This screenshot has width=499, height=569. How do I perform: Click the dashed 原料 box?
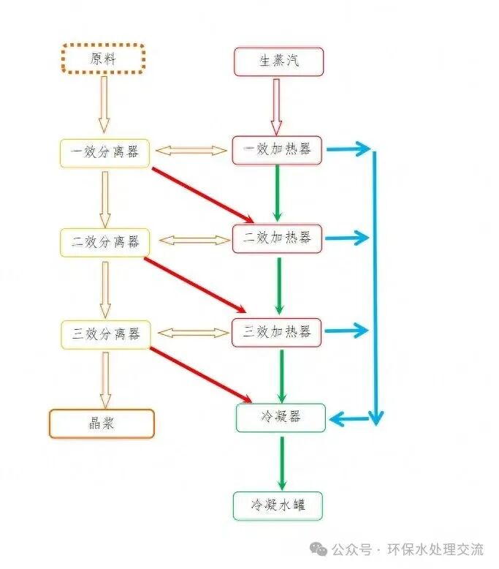103,59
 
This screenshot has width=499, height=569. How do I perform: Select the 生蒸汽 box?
278,61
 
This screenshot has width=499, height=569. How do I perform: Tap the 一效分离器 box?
104,152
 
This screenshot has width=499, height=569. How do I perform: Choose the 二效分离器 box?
104,241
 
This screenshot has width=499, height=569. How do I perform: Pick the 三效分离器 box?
104,334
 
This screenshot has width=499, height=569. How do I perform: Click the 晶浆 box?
102,423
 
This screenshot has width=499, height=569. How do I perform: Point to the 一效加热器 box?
277,149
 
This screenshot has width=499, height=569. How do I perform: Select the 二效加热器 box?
277,238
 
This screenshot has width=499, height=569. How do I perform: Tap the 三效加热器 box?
277,331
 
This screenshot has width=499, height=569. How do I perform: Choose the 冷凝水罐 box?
278,505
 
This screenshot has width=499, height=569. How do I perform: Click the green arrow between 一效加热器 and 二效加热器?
278,192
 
